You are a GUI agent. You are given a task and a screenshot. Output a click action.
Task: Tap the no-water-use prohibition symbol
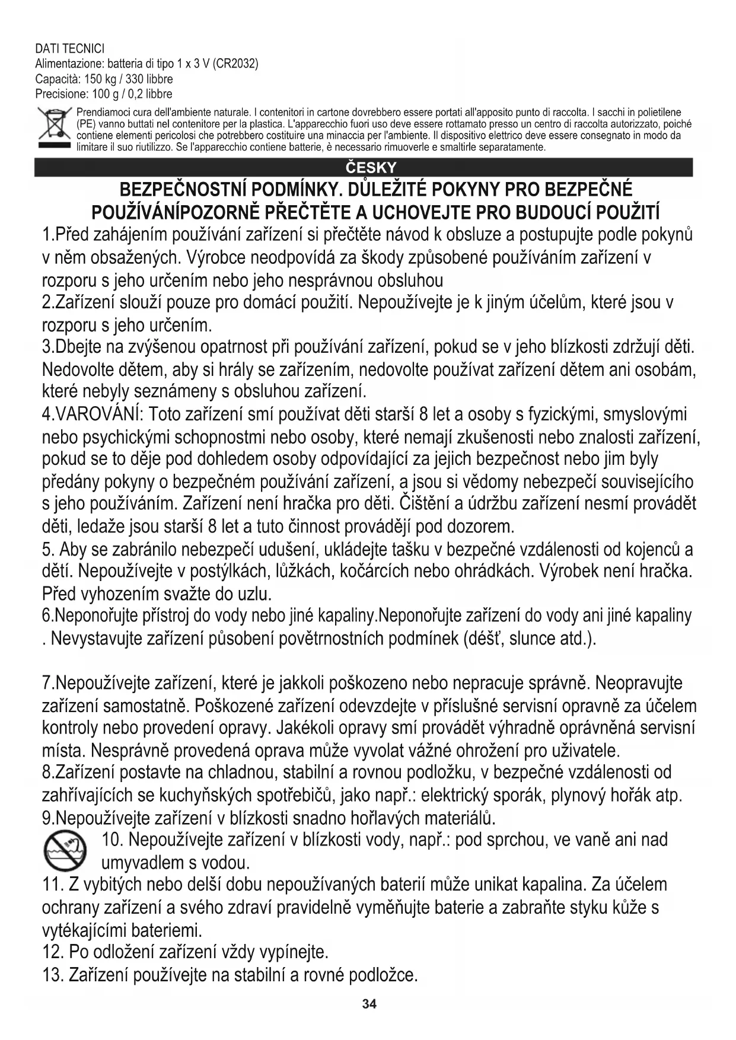[65, 851]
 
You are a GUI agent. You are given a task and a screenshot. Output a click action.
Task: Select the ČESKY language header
[371, 168]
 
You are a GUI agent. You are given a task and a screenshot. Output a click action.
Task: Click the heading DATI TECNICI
[70, 49]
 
